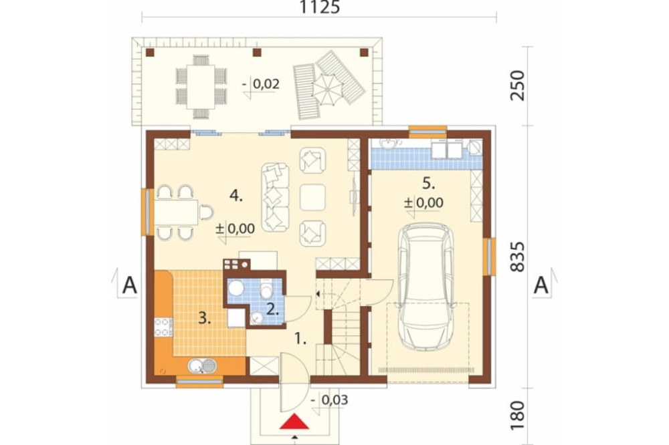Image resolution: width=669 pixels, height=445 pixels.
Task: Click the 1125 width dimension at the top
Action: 320,7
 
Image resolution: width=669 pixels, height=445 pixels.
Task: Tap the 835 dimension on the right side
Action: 517,257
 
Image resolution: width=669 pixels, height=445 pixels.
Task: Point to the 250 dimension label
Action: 517,86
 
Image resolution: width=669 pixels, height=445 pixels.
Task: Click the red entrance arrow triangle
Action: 294,422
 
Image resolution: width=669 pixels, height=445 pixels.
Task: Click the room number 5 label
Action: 429,184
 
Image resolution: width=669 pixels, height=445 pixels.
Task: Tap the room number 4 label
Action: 236,196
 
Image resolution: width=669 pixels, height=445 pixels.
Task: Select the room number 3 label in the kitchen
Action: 204,318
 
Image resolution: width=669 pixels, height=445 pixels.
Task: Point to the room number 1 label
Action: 301,339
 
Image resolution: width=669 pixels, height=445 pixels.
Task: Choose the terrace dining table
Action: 201,87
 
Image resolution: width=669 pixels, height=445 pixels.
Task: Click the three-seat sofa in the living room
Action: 275,197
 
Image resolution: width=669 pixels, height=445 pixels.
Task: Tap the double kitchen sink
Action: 202,365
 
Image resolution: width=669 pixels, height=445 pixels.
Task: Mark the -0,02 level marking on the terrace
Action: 261,84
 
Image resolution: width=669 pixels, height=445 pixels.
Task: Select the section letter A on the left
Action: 130,285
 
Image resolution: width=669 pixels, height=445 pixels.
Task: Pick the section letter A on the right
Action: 541,285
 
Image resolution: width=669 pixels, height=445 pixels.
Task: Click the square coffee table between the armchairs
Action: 312,197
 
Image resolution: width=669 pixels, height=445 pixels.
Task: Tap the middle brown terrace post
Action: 257,52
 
